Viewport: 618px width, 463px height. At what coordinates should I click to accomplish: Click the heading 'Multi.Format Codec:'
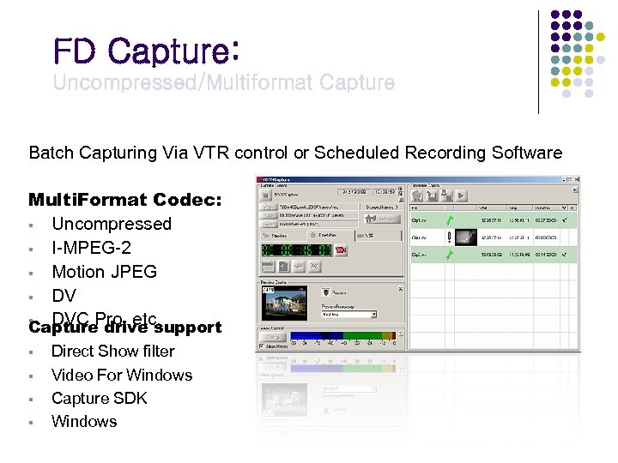[125, 200]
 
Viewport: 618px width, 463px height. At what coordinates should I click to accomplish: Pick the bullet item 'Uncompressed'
[112, 224]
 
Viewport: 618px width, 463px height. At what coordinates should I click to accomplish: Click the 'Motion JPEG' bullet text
[105, 272]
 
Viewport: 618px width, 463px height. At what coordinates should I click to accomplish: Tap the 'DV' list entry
[64, 296]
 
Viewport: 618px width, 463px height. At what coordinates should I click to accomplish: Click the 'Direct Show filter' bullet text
[112, 351]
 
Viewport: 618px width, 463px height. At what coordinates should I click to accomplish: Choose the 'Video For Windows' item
[122, 375]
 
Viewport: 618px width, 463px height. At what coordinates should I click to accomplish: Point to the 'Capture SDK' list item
[100, 398]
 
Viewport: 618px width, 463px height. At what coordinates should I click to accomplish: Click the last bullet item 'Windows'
[84, 421]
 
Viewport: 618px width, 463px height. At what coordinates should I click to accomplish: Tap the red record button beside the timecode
[340, 250]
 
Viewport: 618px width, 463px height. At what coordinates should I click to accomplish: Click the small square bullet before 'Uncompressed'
[31, 225]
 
